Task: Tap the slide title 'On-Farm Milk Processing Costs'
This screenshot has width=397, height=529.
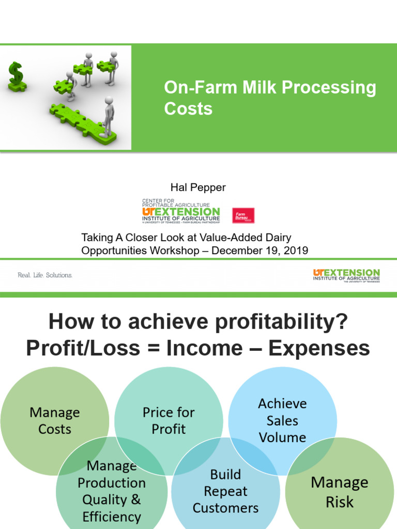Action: (270, 98)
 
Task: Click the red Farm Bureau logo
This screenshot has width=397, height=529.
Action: (243, 215)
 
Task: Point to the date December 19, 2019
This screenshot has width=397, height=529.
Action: (260, 251)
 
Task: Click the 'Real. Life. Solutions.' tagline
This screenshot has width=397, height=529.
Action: (45, 275)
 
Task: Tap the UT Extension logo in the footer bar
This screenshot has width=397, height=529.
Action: (346, 275)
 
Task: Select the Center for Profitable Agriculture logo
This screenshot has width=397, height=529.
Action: (180, 210)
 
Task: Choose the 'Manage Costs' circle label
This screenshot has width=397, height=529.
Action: (55, 421)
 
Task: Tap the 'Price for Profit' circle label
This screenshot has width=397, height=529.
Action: (169, 421)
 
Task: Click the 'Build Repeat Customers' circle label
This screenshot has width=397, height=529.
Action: (225, 491)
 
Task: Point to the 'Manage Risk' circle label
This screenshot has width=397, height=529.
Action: (340, 492)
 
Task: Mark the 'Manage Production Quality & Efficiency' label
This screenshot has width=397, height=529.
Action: (112, 491)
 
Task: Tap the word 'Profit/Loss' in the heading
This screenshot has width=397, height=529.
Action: (83, 349)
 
